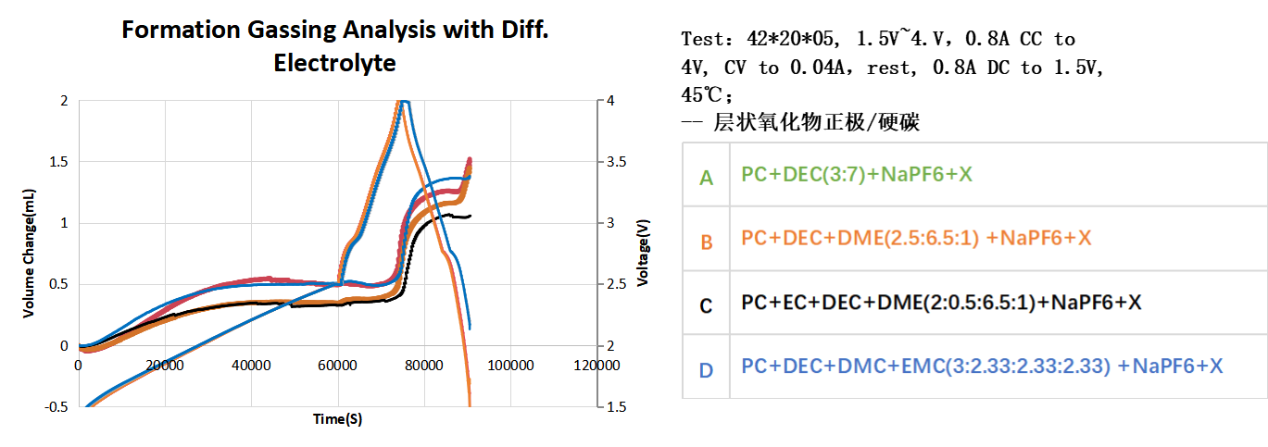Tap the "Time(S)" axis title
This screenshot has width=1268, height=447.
337,419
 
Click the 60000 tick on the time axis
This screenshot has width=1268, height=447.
338,364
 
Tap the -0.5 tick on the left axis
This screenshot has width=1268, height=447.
56,407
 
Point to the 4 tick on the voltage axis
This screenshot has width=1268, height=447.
612,100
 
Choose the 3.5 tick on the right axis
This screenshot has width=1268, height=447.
617,162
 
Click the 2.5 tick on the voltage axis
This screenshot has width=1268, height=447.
617,284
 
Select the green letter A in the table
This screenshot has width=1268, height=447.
706,177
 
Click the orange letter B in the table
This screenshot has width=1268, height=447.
706,242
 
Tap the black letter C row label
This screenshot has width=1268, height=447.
706,304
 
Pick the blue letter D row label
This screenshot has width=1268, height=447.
706,370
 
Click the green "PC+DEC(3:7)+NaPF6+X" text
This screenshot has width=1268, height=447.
857,173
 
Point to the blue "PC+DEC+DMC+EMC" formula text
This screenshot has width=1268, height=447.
982,366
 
